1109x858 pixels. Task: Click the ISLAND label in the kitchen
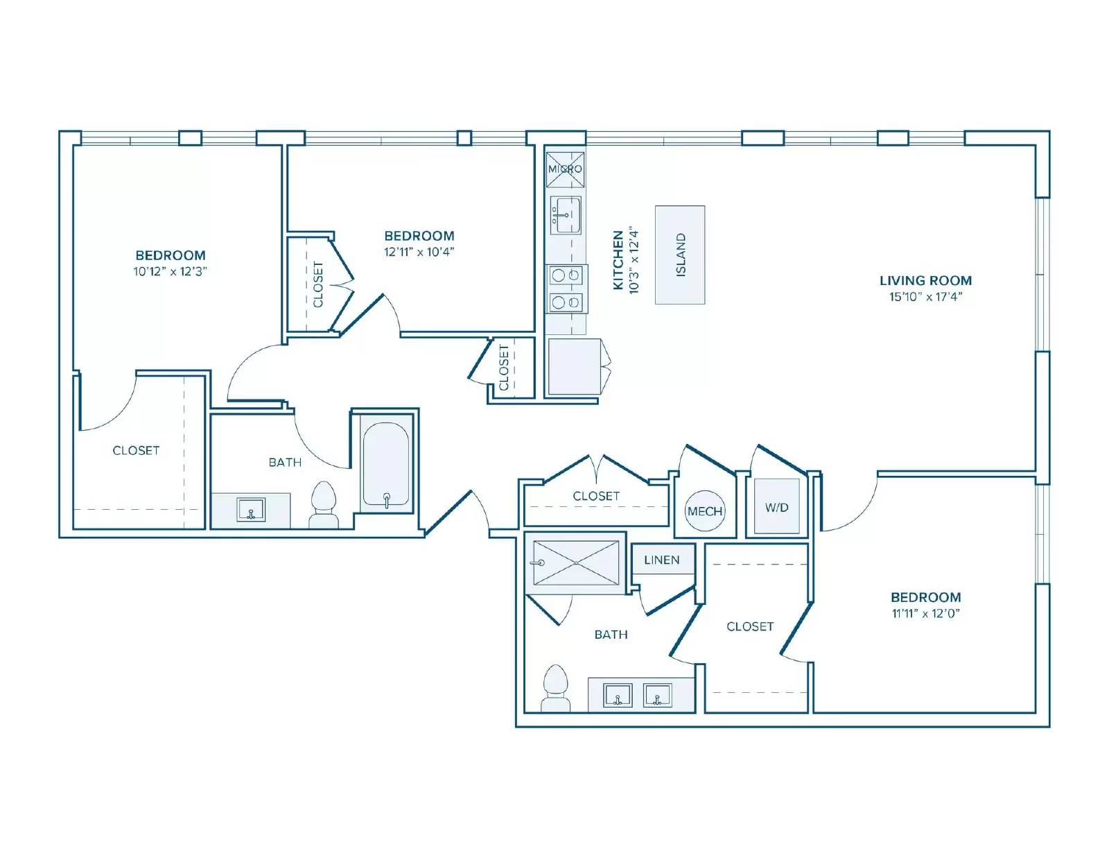click(681, 255)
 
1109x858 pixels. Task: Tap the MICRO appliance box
click(565, 169)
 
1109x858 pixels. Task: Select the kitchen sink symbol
click(566, 215)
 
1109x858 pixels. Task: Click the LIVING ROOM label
click(925, 280)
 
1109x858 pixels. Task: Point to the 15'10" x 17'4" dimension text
click(925, 297)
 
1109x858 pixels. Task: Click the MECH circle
click(705, 510)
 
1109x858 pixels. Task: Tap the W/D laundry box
click(776, 506)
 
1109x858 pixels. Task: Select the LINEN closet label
click(661, 560)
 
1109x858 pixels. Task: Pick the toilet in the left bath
click(324, 504)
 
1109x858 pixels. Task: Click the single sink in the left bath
click(251, 510)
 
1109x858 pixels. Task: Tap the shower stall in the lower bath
click(576, 563)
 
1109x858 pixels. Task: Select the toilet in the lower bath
click(555, 688)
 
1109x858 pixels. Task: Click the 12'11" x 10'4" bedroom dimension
click(419, 252)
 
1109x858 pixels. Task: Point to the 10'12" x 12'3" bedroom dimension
click(170, 271)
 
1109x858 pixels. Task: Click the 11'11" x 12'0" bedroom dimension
click(925, 613)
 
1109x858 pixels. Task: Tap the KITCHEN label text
click(618, 260)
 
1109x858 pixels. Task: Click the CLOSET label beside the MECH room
click(595, 496)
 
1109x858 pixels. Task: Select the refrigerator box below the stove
click(574, 366)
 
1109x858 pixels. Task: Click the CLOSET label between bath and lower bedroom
click(750, 626)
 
